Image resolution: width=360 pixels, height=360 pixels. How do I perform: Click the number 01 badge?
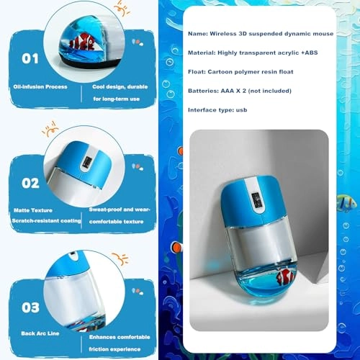(30, 58)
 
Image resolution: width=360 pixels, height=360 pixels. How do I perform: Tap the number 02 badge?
(30, 183)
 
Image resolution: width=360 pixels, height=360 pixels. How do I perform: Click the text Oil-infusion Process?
(40, 86)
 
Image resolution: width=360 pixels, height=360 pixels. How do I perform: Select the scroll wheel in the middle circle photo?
(86, 163)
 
